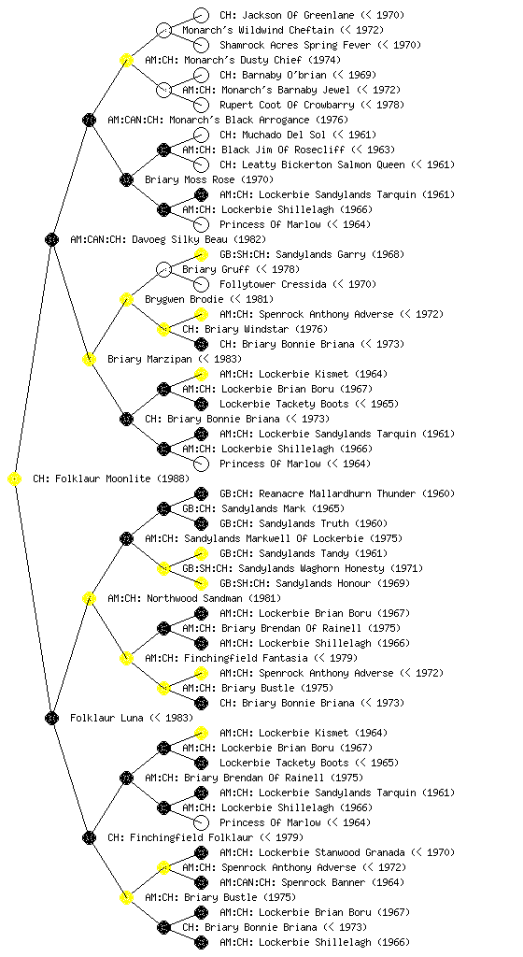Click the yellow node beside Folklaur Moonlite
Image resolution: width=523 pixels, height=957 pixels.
coord(15,479)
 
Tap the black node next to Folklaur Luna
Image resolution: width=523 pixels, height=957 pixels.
coord(51,719)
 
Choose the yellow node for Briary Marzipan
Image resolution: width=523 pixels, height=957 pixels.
coord(89,360)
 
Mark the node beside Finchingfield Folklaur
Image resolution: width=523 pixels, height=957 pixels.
coord(89,838)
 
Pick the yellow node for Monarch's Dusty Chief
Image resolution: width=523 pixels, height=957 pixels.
coord(126,61)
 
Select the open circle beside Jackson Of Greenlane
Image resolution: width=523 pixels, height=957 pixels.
coord(201,15)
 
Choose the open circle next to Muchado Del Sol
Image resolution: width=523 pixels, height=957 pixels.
coord(201,135)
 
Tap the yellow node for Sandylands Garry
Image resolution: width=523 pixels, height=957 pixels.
coord(201,254)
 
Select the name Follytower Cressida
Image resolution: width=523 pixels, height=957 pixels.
coord(273,284)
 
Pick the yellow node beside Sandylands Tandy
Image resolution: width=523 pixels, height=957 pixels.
coord(201,553)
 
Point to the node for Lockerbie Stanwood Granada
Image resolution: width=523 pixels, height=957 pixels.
coord(201,852)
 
